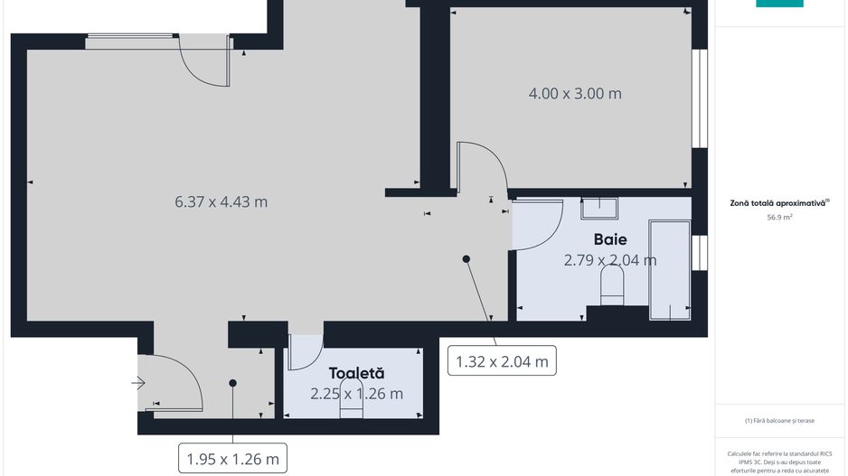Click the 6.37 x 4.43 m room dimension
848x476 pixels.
pos(221,201)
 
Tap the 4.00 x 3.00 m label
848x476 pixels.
pos(575,93)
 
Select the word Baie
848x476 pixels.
pos(611,239)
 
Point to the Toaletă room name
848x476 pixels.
pos(356,372)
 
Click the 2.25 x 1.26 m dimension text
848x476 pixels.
pos(356,394)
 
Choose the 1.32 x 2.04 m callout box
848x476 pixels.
pos(502,361)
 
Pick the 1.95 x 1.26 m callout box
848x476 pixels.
pos(232,459)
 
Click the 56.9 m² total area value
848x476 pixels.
pos(778,218)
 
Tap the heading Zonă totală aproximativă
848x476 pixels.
pos(778,203)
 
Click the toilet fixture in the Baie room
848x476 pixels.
pos(612,288)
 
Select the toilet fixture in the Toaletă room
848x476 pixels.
pos(351,410)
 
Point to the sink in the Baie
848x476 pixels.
pos(598,209)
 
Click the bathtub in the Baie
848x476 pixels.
pos(670,269)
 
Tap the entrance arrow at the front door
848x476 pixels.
pos(138,384)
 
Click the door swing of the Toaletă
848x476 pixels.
pos(304,354)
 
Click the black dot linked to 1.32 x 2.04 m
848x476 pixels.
pos(466,259)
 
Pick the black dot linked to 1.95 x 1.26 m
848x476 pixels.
pos(232,383)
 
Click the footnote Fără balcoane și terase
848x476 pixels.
pos(778,420)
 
